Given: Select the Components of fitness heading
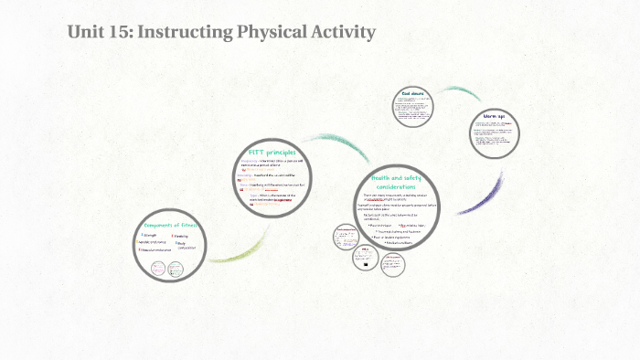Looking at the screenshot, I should pos(171,225).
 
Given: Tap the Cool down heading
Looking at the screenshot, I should pos(414,94).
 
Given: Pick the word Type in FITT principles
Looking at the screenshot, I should pos(254,194).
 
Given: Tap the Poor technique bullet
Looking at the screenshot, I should pos(379,226).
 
